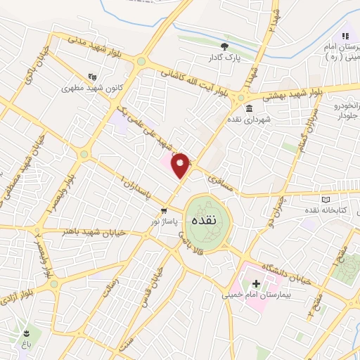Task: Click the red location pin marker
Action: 181,165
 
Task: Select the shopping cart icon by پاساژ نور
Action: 164,210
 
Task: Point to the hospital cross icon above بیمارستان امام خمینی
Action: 255,283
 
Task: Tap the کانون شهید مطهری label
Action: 88,88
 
